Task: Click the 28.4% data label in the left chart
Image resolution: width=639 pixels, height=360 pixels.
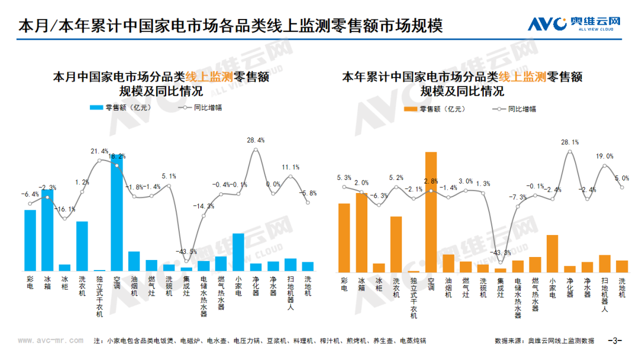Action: tap(255, 140)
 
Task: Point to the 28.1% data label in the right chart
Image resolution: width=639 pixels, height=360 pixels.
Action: tap(569, 142)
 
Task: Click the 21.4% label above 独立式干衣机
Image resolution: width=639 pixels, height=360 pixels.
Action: tap(99, 152)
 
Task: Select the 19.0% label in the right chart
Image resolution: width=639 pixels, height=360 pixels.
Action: tap(605, 156)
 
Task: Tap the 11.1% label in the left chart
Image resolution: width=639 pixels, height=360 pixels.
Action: tap(291, 167)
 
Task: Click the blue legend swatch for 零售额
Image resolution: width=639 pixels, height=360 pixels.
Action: tap(96, 108)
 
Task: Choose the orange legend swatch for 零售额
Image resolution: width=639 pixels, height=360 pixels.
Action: tap(410, 109)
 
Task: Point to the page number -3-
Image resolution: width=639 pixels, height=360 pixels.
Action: tap(616, 340)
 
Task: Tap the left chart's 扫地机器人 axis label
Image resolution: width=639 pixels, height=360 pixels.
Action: tap(291, 293)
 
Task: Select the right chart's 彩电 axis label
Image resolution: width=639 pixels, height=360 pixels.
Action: tap(344, 284)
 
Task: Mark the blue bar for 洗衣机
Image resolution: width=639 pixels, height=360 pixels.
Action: tap(82, 246)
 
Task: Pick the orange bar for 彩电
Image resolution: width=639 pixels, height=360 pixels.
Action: tap(344, 237)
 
